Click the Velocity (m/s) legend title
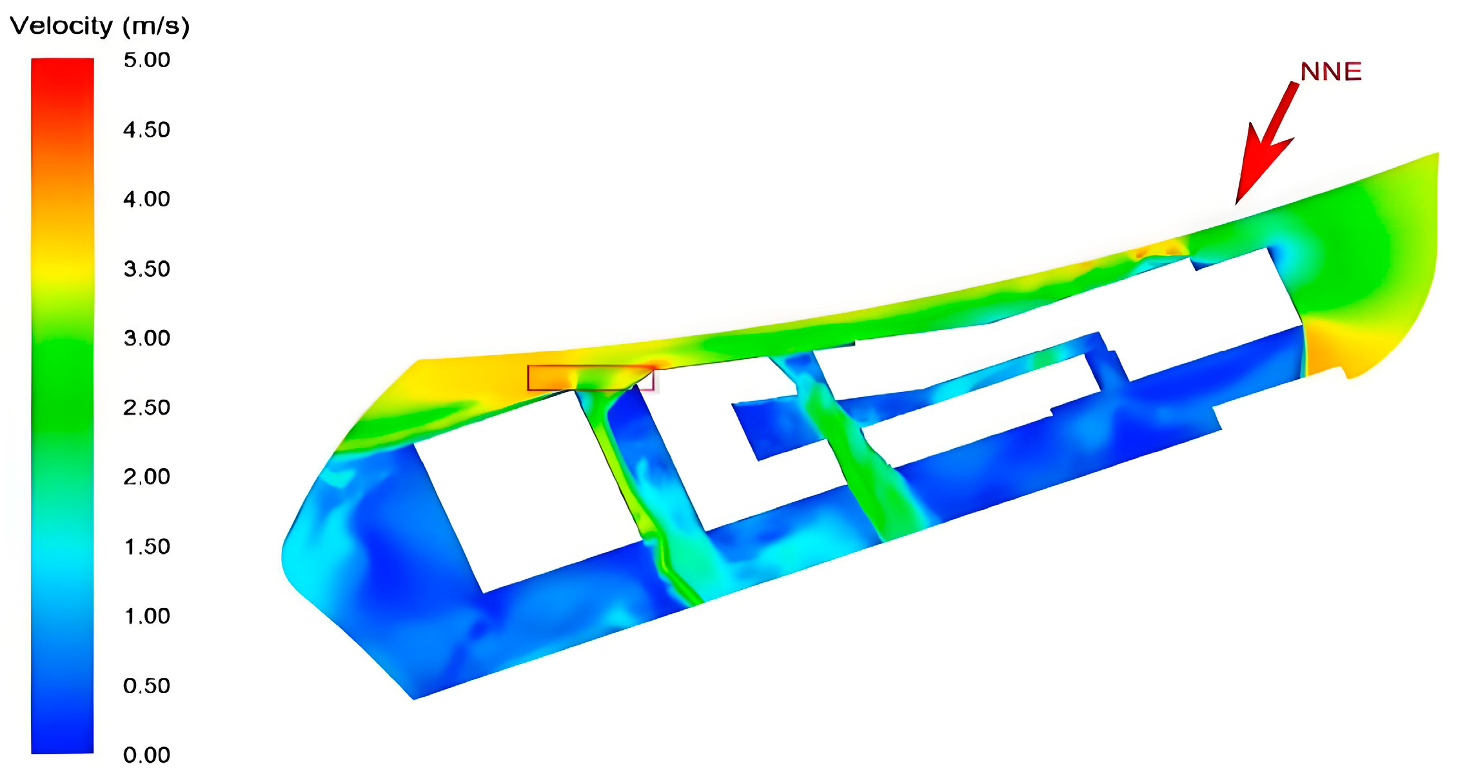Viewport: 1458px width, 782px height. tap(100, 26)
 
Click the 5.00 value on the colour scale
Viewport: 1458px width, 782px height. tap(147, 60)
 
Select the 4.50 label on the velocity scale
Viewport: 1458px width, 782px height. tap(147, 130)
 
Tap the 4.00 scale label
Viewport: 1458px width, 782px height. tap(147, 199)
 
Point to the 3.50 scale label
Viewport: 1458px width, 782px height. tap(147, 269)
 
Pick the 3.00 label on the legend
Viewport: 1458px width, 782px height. tap(147, 338)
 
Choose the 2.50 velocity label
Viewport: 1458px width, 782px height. tap(147, 407)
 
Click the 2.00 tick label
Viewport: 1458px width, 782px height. tap(147, 477)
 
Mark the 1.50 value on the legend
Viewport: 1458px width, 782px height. tap(147, 547)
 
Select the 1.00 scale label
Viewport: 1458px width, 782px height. tap(147, 616)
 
